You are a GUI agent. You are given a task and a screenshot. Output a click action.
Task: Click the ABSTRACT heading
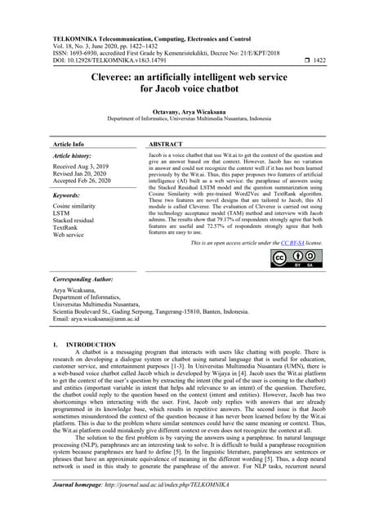(x=166, y=144)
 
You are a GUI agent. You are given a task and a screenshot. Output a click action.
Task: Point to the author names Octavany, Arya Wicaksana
(x=185, y=111)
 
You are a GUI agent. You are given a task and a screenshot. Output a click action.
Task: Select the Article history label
(x=72, y=155)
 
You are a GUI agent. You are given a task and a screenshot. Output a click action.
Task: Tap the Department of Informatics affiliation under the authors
(x=185, y=119)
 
